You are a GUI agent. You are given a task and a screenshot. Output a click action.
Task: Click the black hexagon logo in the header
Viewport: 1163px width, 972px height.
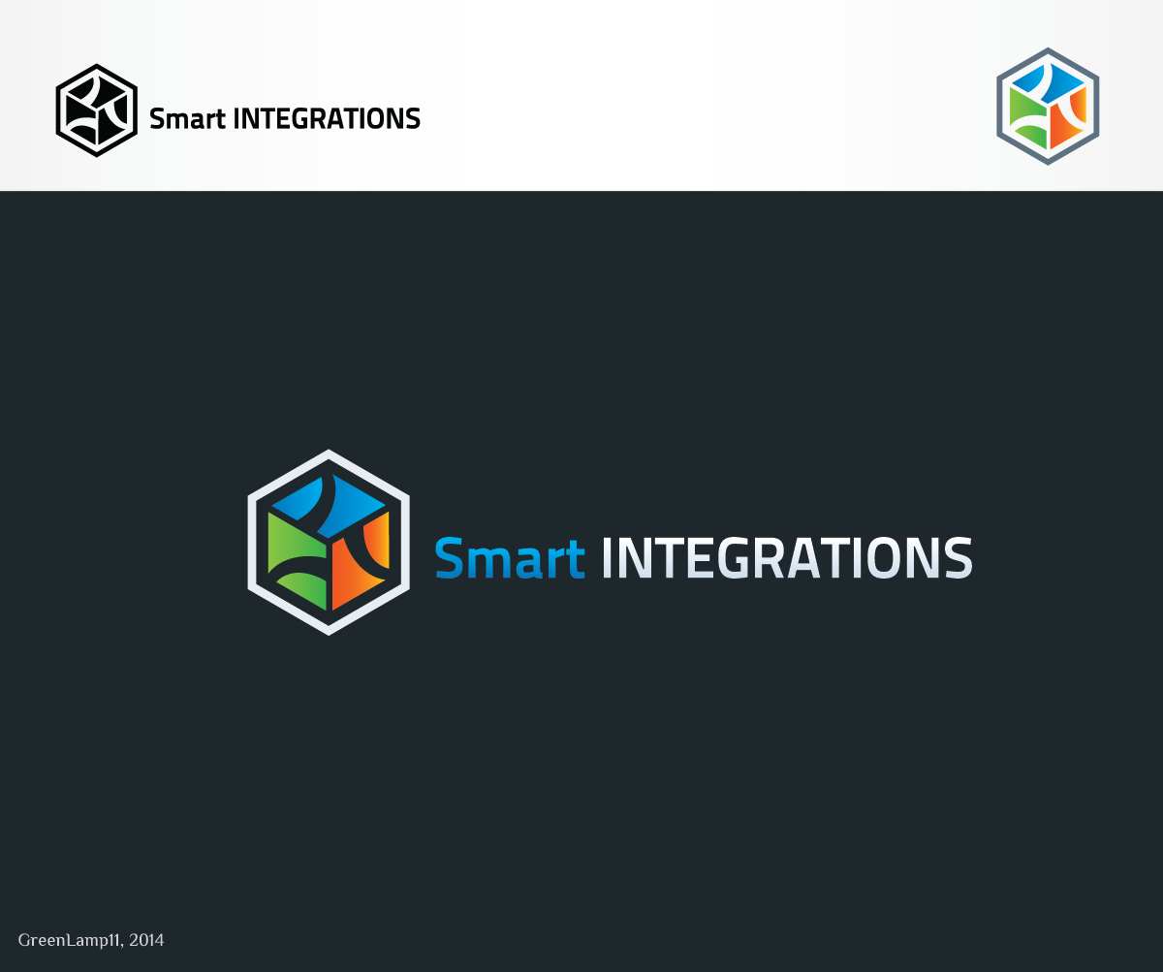96,110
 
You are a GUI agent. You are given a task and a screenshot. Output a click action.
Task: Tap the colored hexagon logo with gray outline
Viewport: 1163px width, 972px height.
1048,106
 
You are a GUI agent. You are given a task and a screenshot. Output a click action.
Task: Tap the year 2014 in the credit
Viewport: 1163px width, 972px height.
146,940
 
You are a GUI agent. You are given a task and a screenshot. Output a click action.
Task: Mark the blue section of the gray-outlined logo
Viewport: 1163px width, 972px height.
1048,81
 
